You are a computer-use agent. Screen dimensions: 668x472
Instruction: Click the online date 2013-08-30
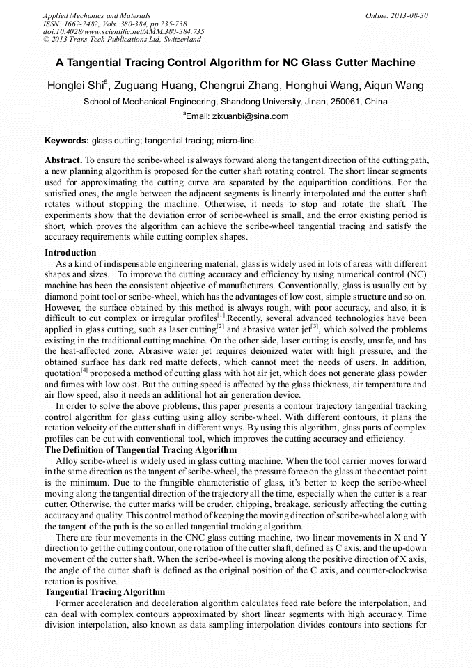pos(411,15)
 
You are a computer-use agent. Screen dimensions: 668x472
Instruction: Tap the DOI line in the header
pos(123,31)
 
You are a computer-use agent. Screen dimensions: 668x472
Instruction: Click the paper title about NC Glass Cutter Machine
pos(235,63)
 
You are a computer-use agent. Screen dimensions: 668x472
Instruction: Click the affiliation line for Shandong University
pos(235,102)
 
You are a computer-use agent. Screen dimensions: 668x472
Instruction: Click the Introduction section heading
pos(70,252)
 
